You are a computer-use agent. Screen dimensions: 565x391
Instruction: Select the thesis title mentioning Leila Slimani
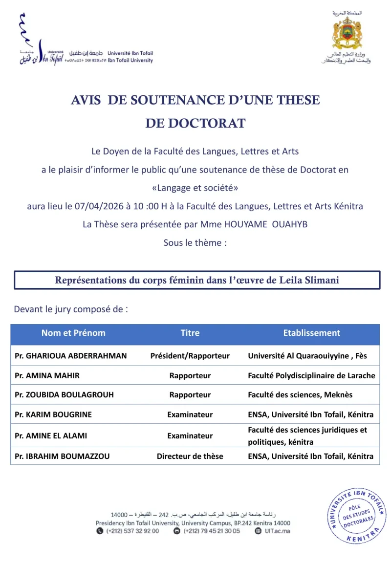coord(197,280)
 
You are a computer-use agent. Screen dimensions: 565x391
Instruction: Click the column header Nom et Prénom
coord(73,333)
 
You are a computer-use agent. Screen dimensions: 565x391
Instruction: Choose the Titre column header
coord(190,333)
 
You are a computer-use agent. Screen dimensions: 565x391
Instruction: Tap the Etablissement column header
coord(311,333)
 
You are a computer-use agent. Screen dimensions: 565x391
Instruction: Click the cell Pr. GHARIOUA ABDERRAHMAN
coord(71,356)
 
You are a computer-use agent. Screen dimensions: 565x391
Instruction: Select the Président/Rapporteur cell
coord(190,356)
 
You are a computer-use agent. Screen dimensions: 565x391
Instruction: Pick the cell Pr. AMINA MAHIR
coord(47,375)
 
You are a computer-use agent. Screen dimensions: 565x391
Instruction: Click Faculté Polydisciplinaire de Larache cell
coord(311,375)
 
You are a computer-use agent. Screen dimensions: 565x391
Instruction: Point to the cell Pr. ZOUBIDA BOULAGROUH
coord(65,394)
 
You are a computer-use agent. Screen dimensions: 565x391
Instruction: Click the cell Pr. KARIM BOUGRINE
coord(53,414)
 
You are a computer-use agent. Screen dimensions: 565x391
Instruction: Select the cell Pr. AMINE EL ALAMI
coord(51,435)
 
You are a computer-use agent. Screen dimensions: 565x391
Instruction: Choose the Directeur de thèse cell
coord(190,456)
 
